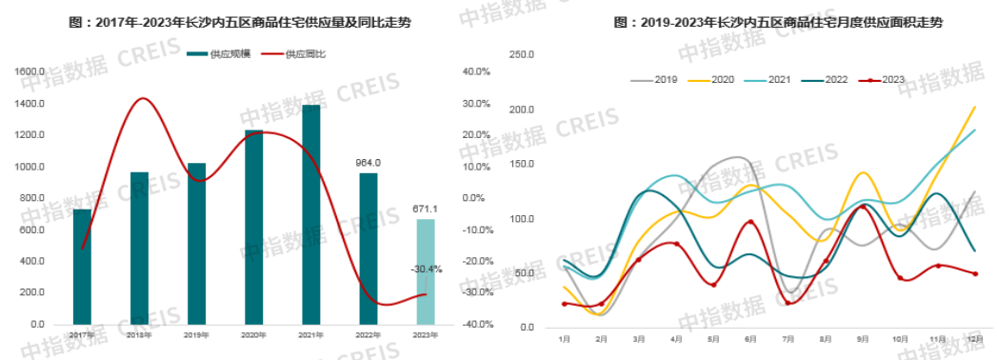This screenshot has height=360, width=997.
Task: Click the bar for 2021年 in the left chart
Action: coord(310,214)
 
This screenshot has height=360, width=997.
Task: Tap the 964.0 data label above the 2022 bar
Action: coord(368,162)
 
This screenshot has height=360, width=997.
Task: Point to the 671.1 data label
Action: coord(426,209)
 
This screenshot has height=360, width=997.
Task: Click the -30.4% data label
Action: coord(426,270)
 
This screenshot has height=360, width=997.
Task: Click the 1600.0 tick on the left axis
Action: coord(30,71)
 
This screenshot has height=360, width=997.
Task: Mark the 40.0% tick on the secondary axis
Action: coord(475,71)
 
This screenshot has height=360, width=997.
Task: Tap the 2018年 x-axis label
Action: coord(140,334)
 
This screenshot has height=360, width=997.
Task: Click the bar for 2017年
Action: coord(83,266)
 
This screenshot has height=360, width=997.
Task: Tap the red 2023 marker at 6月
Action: coord(750,223)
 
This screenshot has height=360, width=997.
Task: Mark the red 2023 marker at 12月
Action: coord(974,274)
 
